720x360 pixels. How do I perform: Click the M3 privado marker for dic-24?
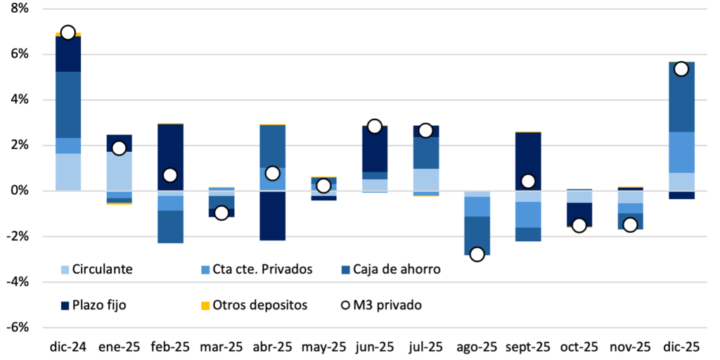click(67, 32)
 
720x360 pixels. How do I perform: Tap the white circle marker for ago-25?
click(477, 254)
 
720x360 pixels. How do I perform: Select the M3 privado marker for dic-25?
click(681, 69)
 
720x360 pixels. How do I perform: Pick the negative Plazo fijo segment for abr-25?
click(272, 215)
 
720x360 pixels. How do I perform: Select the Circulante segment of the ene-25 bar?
click(119, 171)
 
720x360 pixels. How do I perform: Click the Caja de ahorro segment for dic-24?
click(67, 105)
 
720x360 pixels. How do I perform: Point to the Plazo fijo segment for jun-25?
click(374, 149)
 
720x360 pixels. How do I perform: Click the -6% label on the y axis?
click(17, 327)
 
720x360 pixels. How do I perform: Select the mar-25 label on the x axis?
click(221, 347)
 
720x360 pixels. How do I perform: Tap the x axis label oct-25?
click(579, 347)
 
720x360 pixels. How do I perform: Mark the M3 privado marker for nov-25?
click(630, 224)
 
